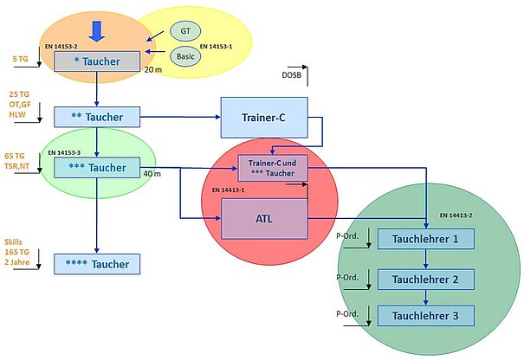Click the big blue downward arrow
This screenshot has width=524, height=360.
coord(97,29)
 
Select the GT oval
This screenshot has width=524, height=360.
coord(184,32)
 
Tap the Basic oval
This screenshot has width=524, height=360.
coord(184,56)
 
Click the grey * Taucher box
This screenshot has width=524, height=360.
coord(97,62)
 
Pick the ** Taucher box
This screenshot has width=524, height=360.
coord(97,116)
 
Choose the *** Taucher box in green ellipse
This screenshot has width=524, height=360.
coord(97,167)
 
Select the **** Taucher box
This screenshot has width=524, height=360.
coord(97,264)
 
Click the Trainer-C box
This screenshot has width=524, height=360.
coord(262,117)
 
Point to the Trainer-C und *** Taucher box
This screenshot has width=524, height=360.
coord(273,168)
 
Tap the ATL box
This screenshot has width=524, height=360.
coord(265,218)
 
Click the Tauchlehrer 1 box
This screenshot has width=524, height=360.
coord(425,240)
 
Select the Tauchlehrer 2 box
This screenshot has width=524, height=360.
coord(425,279)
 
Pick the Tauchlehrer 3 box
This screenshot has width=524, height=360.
coord(425,317)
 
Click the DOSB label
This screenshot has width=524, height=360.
coord(293,75)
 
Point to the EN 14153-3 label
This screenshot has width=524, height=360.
coord(67,151)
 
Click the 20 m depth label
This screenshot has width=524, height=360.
coord(153,69)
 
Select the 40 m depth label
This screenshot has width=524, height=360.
coord(153,175)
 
